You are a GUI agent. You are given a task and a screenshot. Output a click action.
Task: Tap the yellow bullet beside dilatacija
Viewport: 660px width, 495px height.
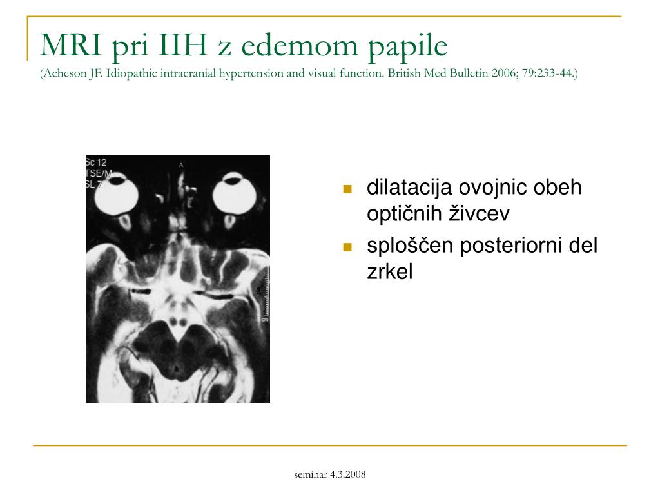pyautogui.click(x=347, y=189)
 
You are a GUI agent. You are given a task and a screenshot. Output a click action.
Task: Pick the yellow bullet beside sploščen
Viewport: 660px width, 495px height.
pyautogui.click(x=347, y=247)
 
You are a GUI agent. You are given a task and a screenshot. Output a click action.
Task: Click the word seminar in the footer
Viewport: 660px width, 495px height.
pyautogui.click(x=310, y=475)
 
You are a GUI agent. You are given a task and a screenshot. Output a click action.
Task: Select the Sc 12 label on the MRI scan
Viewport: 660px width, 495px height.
pyautogui.click(x=95, y=162)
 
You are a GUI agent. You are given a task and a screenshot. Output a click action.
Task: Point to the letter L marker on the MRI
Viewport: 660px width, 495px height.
pyautogui.click(x=258, y=291)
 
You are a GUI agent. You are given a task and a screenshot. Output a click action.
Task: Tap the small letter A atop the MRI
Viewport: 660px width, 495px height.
pyautogui.click(x=181, y=165)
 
